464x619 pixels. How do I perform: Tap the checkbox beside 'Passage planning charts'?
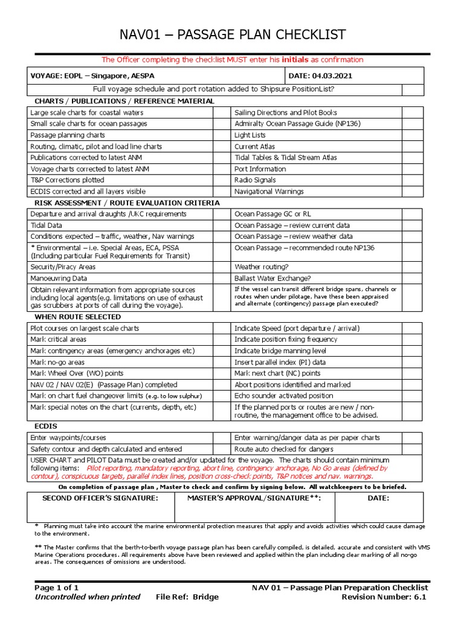pos(221,135)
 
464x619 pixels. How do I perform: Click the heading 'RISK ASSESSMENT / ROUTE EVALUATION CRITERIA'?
pos(127,203)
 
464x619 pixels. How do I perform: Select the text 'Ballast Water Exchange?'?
pos(272,279)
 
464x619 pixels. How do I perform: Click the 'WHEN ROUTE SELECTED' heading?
pos(77,317)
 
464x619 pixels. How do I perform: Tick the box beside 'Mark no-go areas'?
pos(221,362)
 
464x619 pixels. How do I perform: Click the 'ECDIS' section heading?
pos(46,426)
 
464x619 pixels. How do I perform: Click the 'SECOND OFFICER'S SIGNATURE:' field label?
pos(100,498)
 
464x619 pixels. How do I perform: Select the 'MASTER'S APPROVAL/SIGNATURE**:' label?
pos(254,498)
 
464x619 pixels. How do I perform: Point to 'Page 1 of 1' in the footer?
pos(56,588)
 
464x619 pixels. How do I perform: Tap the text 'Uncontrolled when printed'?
pos(87,597)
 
